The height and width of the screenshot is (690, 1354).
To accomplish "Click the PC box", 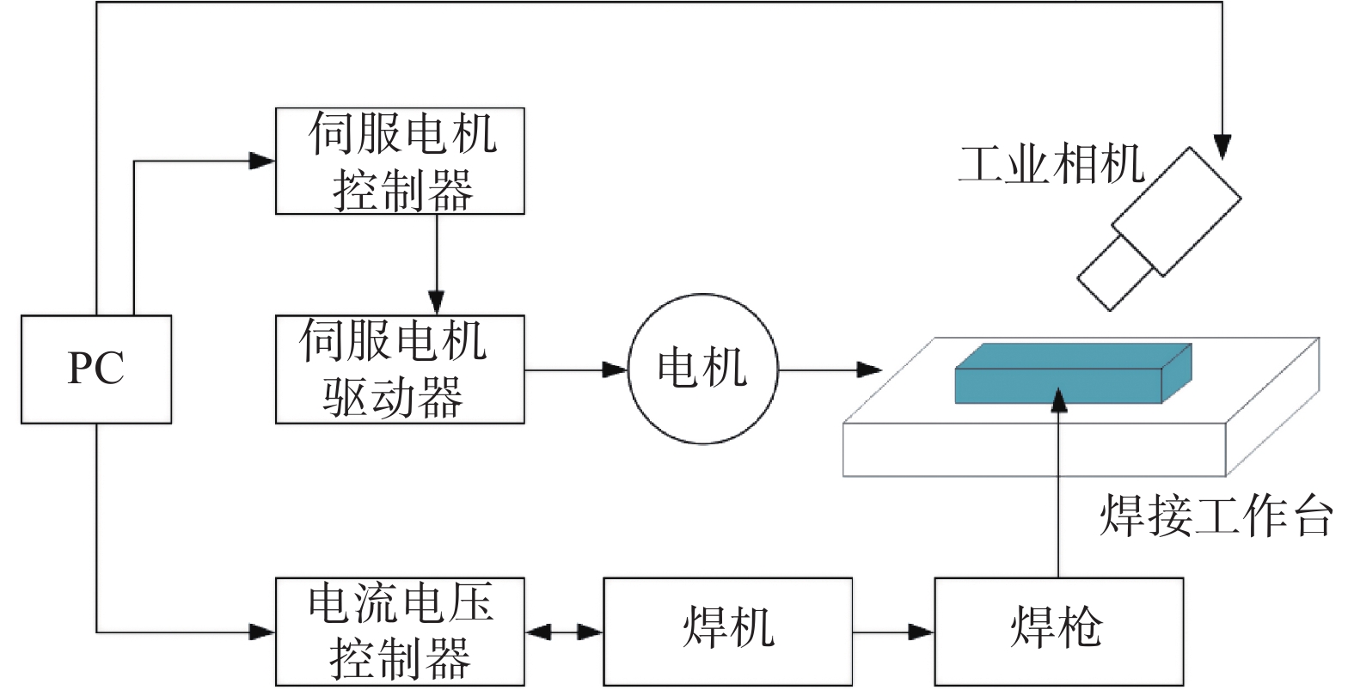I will (x=96, y=369).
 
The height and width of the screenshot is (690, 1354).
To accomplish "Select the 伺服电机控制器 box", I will (x=400, y=161).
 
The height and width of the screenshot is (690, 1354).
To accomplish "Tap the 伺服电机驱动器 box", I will (x=400, y=369).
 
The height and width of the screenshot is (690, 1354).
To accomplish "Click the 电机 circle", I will (x=702, y=369).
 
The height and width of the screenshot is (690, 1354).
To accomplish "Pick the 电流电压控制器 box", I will (x=400, y=632).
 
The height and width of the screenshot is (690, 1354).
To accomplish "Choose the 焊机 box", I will (x=727, y=632).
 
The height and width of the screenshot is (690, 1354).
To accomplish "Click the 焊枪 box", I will (x=1058, y=632).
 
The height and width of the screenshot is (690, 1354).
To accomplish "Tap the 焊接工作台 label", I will (x=1216, y=516).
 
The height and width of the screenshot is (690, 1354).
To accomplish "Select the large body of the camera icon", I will (x=1177, y=211).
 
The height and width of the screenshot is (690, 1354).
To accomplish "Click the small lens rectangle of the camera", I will (x=1116, y=273).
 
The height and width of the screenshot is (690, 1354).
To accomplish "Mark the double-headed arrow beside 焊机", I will (x=564, y=632).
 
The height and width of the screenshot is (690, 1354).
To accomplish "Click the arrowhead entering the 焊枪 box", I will (x=922, y=632).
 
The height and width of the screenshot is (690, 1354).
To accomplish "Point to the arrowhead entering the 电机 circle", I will (x=616, y=370).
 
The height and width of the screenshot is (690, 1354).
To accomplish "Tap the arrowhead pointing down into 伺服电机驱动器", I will (x=437, y=302).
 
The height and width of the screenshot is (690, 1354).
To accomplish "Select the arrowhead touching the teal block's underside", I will (x=1058, y=400).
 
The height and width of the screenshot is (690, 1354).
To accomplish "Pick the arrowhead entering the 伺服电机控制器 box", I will (x=262, y=161).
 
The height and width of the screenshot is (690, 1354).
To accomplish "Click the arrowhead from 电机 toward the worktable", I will (x=870, y=370).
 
